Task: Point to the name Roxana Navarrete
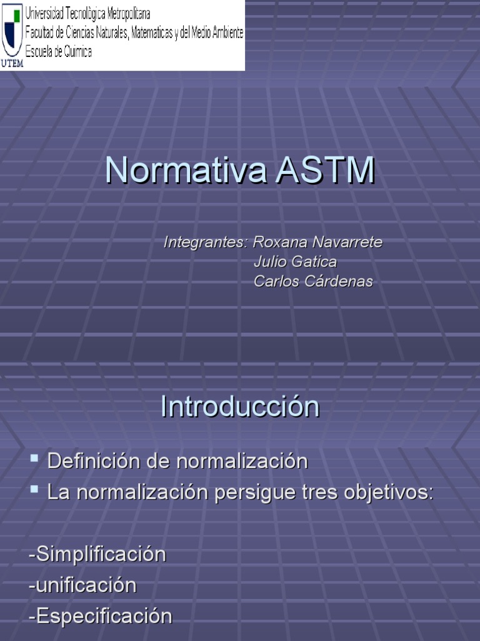317,242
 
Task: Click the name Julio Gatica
295,262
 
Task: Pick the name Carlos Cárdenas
313,282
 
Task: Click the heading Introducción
240,407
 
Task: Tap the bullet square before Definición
34,459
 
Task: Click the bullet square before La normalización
34,489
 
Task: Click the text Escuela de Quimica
59,52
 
